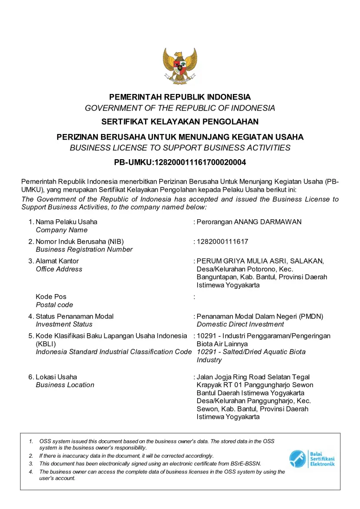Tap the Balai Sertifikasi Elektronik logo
coord(312,459)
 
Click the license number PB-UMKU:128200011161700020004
coord(180,163)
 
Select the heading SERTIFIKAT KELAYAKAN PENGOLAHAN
coord(180,122)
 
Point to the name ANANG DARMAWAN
coord(268,222)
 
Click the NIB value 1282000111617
coord(222,241)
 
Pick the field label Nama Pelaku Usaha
coord(66,222)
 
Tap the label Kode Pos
coord(51,297)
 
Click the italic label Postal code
coord(54,305)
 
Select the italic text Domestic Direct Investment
coord(240,324)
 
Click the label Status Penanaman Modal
coord(74,316)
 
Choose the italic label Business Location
coord(65,385)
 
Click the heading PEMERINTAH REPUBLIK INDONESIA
coord(180,97)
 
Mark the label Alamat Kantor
coord(57,261)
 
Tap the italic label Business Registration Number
coord(84,250)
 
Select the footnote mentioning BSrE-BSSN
coord(150,464)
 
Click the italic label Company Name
coord(61,230)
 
